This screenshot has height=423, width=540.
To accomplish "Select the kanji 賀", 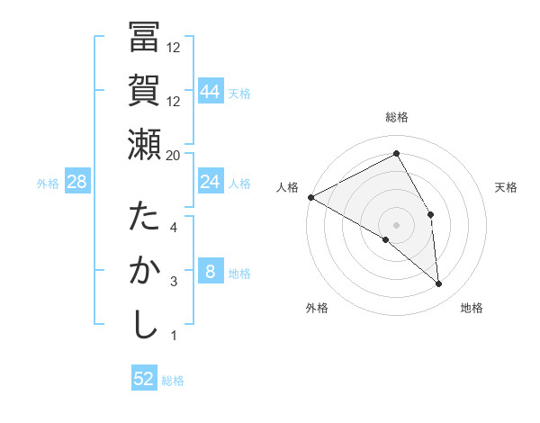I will coord(144,90).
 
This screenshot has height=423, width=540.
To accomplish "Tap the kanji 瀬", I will coord(144,144).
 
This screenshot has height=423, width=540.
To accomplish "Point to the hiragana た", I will coord(144,218).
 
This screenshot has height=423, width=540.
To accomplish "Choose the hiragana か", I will coord(144,271).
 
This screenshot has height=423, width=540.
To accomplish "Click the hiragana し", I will coord(144,325).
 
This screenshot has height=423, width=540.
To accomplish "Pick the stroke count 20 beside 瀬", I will coord(174,156).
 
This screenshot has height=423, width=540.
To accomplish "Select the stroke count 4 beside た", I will coord(174,227).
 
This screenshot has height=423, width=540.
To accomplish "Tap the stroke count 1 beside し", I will coord(174,336).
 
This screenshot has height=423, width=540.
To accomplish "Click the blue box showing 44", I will coord(211,92).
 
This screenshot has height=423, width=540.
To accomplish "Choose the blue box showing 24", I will coord(211,183).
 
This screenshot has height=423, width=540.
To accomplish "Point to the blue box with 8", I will coord(211,273).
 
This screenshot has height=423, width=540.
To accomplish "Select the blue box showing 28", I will coord(77,183).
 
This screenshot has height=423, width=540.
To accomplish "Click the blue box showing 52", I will coord(144,379).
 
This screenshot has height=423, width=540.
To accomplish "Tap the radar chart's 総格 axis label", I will coord(396,117).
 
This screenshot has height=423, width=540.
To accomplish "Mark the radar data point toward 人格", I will coord(310,196).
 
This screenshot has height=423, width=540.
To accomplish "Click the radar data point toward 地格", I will coord(439,284).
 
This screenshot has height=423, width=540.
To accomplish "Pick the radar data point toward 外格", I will coord(385,239).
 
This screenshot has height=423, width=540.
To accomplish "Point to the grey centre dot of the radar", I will coord(396,224).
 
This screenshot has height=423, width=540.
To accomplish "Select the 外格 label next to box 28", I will coord(48,184).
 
